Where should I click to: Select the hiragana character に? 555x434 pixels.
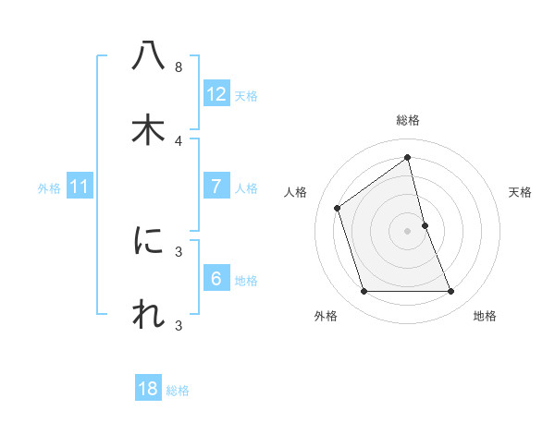click(148, 241)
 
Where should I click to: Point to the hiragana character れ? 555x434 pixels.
click(148, 315)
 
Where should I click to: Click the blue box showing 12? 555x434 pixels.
click(216, 94)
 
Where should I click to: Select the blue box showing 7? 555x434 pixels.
click(216, 187)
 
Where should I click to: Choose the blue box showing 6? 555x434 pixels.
click(216, 279)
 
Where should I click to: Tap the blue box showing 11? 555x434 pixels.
click(80, 187)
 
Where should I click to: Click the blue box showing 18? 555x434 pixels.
click(148, 389)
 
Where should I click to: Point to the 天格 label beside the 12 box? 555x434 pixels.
click(246, 96)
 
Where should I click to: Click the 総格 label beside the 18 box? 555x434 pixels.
click(178, 391)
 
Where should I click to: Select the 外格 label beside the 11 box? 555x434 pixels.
click(49, 188)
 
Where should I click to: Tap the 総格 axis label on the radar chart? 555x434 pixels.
click(408, 120)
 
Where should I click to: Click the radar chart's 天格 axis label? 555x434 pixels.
click(520, 192)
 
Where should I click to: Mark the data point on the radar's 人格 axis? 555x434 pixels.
click(338, 208)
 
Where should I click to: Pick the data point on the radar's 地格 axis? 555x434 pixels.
click(451, 292)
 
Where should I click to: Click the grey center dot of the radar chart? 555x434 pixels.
click(408, 231)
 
